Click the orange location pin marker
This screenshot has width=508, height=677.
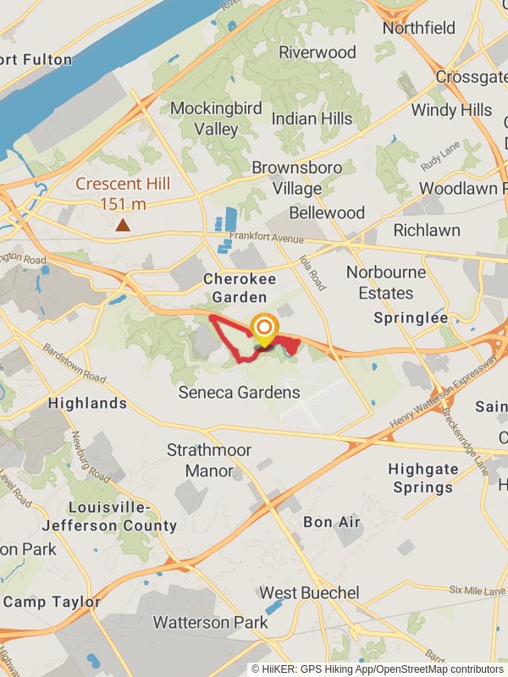(x=264, y=329)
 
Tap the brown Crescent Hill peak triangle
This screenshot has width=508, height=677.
(x=124, y=225)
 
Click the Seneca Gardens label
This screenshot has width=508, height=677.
(x=239, y=393)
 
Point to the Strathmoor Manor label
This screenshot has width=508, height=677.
(x=208, y=460)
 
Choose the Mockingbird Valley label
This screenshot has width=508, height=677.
(x=204, y=118)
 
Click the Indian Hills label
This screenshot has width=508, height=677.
(x=312, y=118)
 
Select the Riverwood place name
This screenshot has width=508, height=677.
(x=317, y=52)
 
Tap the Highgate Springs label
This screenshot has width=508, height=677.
(x=423, y=478)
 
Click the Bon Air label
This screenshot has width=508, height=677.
(x=331, y=522)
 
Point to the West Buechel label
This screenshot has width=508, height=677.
(x=309, y=592)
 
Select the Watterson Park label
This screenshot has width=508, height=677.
(x=210, y=623)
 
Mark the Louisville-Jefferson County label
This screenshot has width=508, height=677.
(x=110, y=516)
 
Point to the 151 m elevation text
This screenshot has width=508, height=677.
(x=124, y=204)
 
